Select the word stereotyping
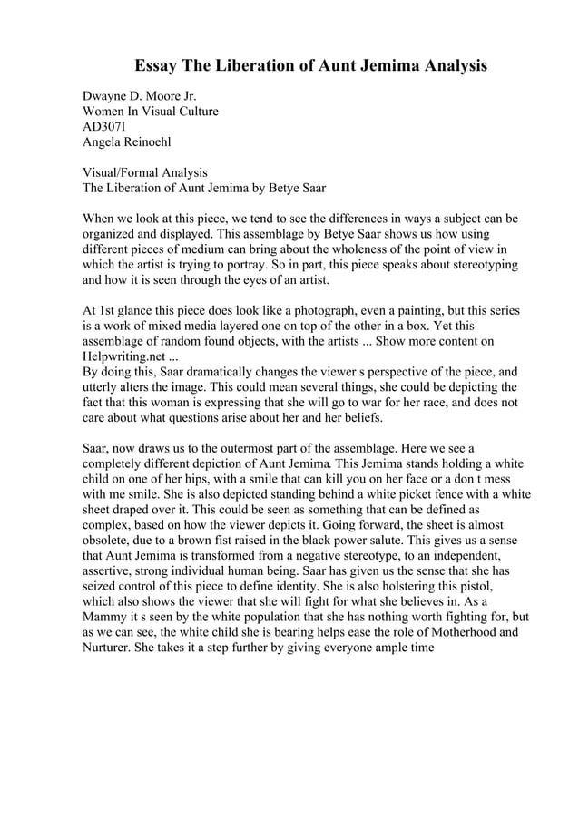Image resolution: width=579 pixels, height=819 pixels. [482, 265]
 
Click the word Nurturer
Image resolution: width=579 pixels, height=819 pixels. [110, 648]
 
